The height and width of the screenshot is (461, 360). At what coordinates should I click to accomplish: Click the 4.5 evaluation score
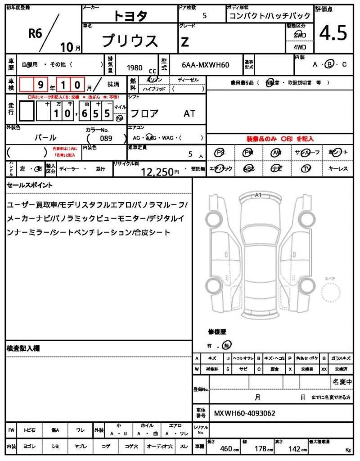click(x=333, y=33)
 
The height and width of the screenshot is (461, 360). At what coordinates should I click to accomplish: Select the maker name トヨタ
click(x=130, y=16)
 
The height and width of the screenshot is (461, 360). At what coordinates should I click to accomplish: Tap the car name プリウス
click(x=130, y=41)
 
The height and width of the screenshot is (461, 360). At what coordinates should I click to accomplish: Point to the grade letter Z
click(x=184, y=41)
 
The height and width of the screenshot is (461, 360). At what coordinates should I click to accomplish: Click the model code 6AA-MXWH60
click(x=206, y=65)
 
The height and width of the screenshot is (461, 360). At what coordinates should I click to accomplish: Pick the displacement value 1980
click(x=135, y=68)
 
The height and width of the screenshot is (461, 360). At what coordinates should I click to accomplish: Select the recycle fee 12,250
click(x=157, y=171)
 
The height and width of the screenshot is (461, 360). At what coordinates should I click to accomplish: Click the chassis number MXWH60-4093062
click(x=244, y=413)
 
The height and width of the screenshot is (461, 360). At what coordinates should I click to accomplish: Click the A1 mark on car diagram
click(x=258, y=195)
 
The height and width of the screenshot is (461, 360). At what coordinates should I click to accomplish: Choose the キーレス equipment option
click(x=338, y=168)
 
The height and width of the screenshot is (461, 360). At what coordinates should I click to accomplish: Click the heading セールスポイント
click(x=30, y=185)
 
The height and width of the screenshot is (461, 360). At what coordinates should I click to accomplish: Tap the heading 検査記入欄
click(x=23, y=348)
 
